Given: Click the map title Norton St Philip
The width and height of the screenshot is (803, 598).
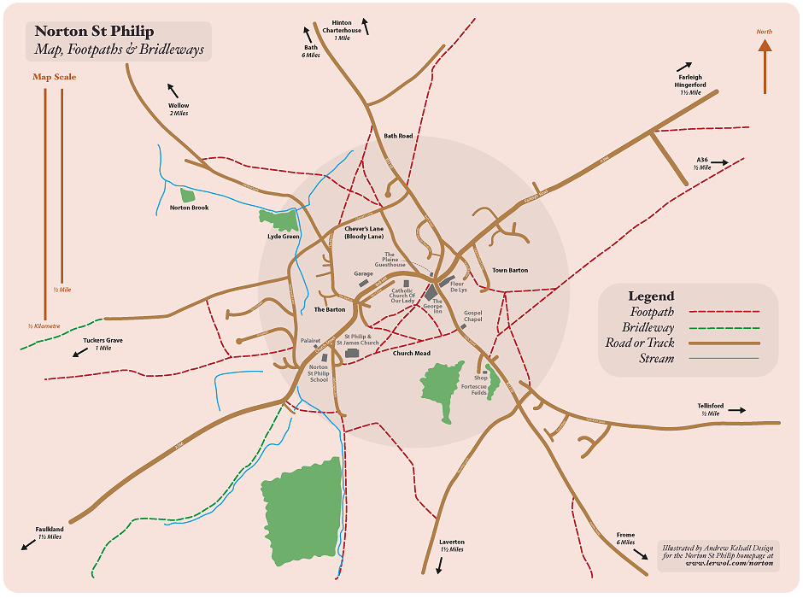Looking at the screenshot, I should tap(95, 32).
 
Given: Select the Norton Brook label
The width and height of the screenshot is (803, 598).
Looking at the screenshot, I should tap(189, 208).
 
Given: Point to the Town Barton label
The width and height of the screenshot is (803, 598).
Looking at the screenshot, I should tap(510, 271).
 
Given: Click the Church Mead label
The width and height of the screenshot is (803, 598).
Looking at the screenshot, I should tap(411, 354).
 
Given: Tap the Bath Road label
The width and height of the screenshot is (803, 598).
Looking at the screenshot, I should tap(398, 136).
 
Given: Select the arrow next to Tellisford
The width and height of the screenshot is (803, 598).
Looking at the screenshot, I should tap(736, 410).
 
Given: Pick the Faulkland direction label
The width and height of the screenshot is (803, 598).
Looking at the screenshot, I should tap(50, 533).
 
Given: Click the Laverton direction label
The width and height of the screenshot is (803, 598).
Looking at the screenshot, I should tap(452, 546).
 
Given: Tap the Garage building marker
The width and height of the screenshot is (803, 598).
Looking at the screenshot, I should tap(363, 283).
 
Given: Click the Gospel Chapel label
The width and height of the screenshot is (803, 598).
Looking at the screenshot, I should tap(473, 316).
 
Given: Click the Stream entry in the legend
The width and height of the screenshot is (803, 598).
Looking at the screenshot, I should tap(657, 359).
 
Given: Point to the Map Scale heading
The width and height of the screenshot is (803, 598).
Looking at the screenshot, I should tap(55, 77).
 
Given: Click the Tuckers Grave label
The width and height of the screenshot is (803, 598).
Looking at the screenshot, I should tap(103, 343).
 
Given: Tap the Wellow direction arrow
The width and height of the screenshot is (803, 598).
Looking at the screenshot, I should tap(173, 91).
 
